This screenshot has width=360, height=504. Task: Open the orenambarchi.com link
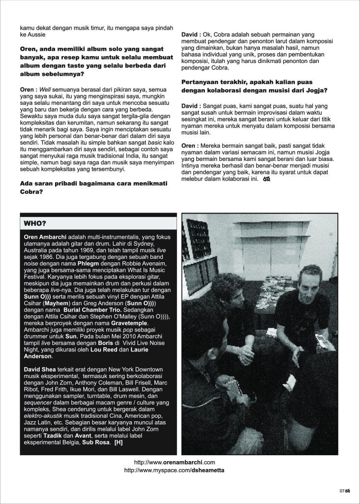tap(175, 463)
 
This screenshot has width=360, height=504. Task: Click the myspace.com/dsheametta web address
tap(175, 471)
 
